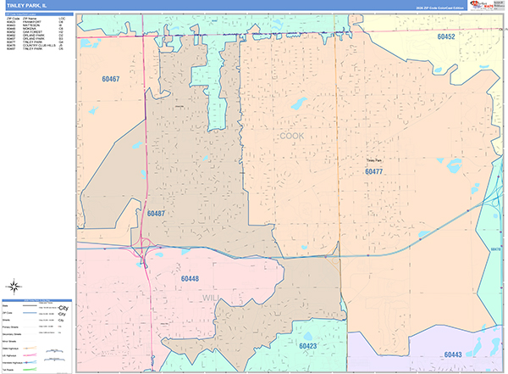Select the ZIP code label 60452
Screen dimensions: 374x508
[446, 37]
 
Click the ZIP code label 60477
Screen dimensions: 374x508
[374, 171]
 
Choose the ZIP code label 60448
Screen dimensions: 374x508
[190, 278]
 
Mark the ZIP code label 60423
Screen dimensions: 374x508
[307, 346]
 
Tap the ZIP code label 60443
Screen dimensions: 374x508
[452, 354]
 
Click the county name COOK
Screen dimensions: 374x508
[291, 135]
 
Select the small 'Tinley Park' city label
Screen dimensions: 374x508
[373, 159]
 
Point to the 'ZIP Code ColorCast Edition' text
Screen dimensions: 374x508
[434, 9]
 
